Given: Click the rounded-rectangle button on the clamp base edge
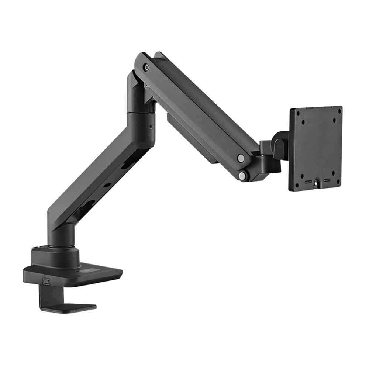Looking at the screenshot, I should [x=46, y=281].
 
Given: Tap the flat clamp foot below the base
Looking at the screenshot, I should [x=70, y=307].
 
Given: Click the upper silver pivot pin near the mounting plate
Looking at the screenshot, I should [x=241, y=158].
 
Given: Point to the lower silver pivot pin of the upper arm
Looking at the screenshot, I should [x=242, y=176].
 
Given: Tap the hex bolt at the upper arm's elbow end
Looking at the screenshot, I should [x=147, y=68].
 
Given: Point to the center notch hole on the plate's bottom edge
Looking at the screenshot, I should [x=317, y=183].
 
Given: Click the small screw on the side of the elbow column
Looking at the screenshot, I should [x=151, y=126].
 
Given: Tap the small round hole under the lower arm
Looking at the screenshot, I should [x=107, y=184].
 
